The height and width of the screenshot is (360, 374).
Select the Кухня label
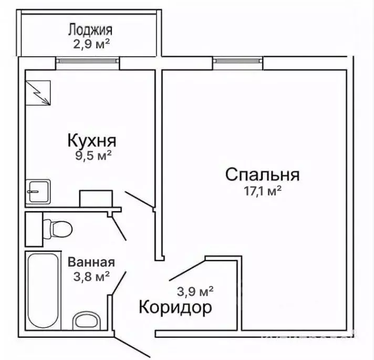coord(91,141)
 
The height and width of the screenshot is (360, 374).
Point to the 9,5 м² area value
coord(92,156)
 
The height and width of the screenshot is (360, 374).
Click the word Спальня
coord(263,174)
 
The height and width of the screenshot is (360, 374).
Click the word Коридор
coord(175,307)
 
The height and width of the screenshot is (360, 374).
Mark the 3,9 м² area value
coord(196,290)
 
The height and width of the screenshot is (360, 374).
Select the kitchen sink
coord(38,191)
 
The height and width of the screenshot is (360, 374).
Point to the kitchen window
coord(88,63)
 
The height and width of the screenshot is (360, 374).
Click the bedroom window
coord(238,63)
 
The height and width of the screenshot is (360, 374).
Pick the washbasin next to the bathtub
coord(85,321)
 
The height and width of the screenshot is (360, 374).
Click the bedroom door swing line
coord(186,270)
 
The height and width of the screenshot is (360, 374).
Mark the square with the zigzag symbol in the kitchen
coord(38,92)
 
